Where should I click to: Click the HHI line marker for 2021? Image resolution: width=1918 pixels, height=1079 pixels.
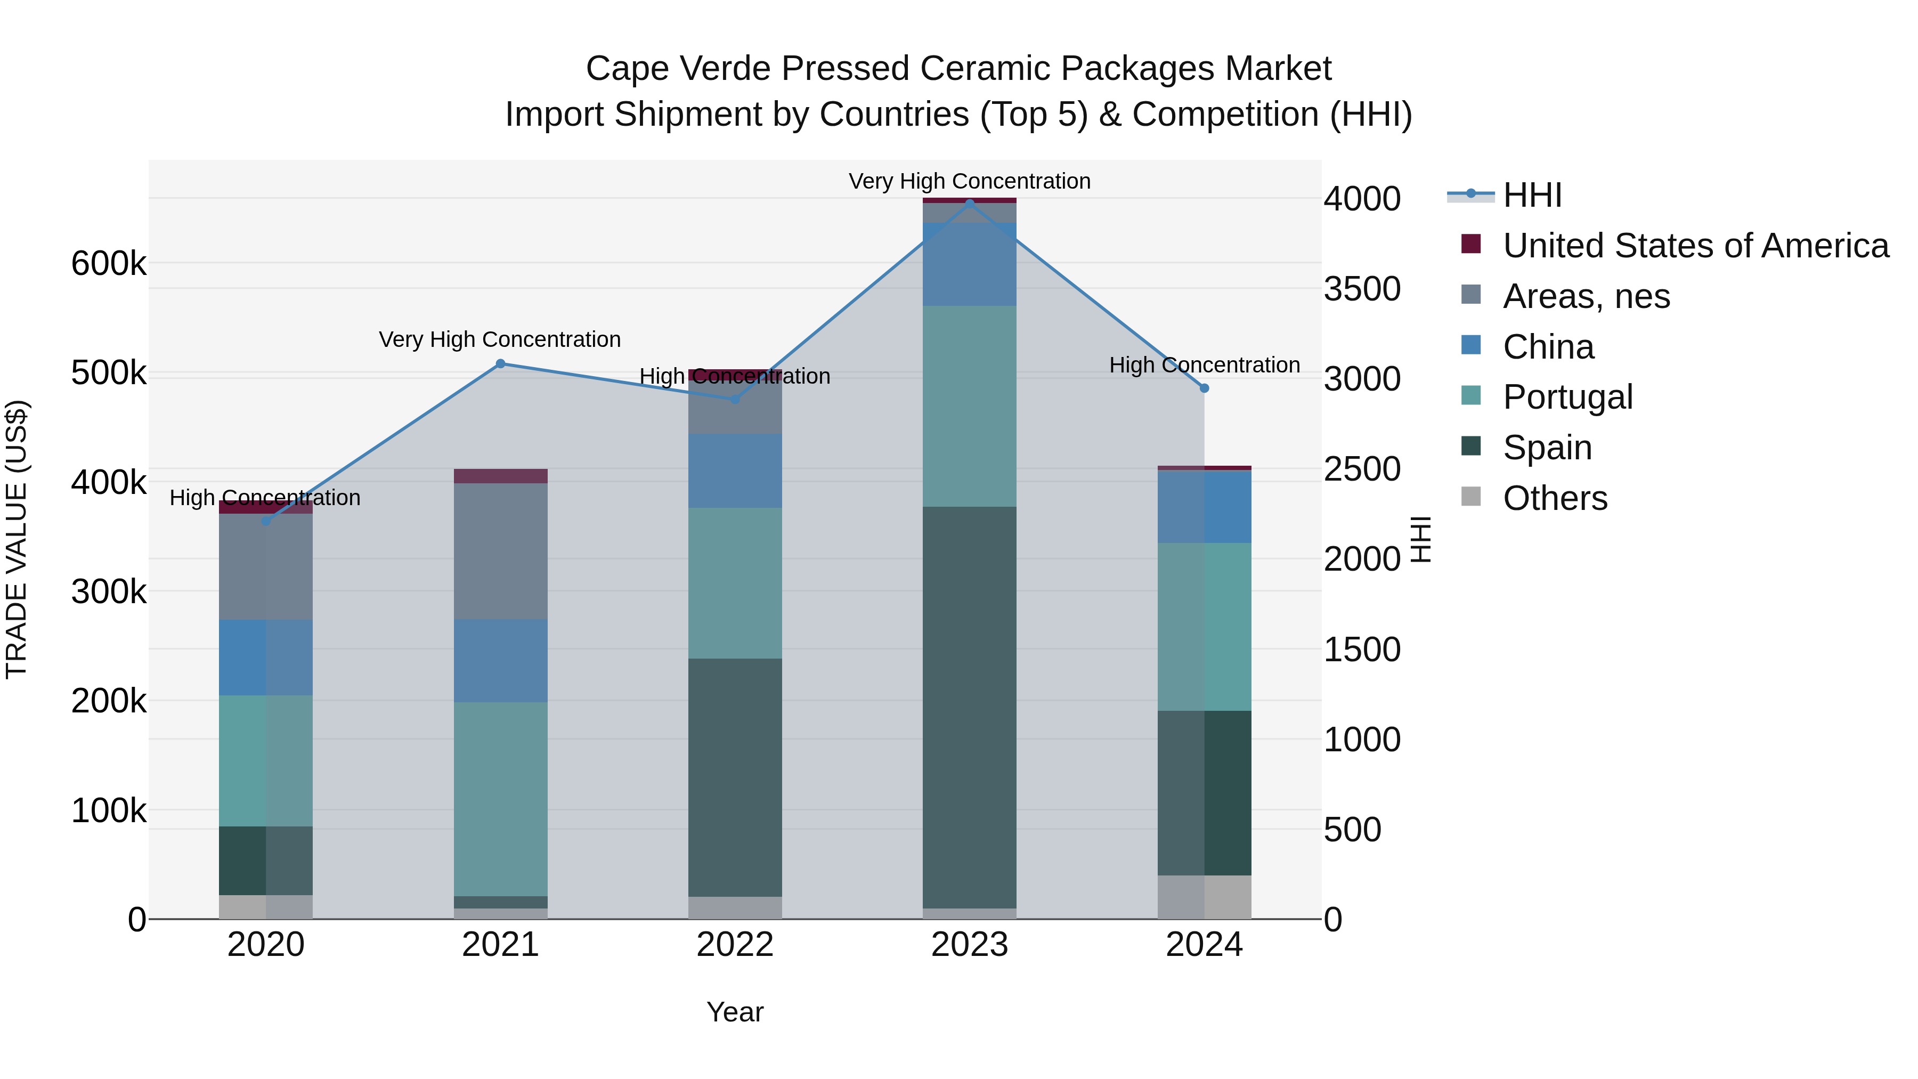pos(500,364)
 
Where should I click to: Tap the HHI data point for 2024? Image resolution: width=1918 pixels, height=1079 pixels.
pos(1204,388)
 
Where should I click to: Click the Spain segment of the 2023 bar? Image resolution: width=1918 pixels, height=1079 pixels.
pos(970,708)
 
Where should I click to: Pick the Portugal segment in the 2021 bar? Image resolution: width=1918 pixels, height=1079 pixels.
pos(500,798)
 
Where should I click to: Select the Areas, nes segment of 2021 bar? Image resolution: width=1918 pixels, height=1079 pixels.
pos(500,551)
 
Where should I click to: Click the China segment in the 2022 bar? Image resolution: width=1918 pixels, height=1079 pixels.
pos(735,470)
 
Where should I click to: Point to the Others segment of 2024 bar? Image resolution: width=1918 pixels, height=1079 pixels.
pos(1204,897)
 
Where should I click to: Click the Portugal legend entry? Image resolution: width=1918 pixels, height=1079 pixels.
pos(1567,397)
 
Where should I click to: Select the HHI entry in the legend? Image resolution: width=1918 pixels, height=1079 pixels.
pos(1532,195)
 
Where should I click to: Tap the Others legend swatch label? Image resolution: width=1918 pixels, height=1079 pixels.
pos(1555,498)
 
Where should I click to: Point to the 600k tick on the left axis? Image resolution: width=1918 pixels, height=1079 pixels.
pos(109,264)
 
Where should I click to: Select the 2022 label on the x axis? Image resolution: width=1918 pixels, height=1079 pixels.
pos(735,945)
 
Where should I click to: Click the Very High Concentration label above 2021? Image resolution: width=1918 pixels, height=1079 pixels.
pos(500,339)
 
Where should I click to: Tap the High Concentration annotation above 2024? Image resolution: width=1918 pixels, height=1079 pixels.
pos(1204,365)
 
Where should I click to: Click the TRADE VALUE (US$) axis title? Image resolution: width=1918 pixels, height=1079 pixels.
pos(17,539)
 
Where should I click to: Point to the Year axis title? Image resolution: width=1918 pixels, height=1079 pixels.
pos(735,1012)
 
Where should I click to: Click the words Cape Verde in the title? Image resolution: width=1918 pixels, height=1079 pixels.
pos(678,69)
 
